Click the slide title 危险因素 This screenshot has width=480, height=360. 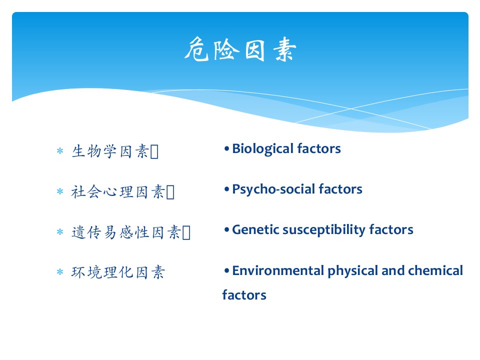tap(240, 49)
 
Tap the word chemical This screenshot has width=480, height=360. tap(435, 270)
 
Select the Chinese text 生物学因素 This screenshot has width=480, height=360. tap(110, 151)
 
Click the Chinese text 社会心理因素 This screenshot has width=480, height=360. tap(118, 192)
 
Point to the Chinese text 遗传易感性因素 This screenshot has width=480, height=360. tap(126, 232)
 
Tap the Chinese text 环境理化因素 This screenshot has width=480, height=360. tap(118, 272)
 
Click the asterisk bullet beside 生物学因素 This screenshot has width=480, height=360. tap(60, 150)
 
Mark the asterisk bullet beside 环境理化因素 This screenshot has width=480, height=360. tap(60, 272)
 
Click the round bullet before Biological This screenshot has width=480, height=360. tap(226, 149)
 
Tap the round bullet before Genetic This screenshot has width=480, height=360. tap(226, 230)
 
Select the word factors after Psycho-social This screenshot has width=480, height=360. tap(340, 189)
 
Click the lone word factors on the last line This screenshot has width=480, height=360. tap(244, 295)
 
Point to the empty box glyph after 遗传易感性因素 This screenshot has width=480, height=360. tap(186, 232)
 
